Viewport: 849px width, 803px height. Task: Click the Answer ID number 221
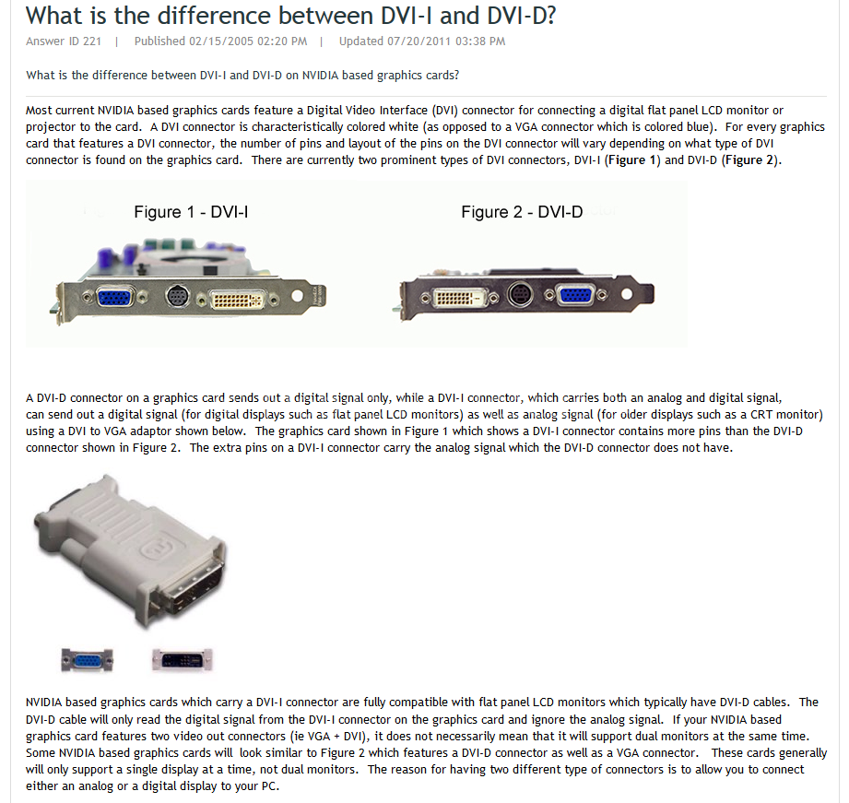(92, 41)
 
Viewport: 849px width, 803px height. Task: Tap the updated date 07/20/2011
(419, 41)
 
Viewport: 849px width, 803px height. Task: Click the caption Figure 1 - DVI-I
(191, 212)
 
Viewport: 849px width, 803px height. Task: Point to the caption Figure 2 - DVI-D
(522, 212)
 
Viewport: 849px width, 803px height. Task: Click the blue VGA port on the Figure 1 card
(115, 297)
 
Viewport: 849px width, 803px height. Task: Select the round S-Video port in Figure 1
(177, 296)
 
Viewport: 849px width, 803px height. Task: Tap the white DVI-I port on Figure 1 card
(237, 300)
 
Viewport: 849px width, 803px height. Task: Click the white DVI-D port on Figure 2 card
(460, 297)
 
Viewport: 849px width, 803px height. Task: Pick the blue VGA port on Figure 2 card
(575, 295)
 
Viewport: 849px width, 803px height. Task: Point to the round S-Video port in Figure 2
(520, 295)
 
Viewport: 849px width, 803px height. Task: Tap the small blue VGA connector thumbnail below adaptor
(87, 660)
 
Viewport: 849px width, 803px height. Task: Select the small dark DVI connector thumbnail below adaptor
(183, 660)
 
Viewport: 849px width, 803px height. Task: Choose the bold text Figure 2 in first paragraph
(749, 160)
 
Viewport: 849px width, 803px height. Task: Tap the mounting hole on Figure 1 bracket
(297, 296)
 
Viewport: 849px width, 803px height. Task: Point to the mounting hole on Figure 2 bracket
(627, 293)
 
